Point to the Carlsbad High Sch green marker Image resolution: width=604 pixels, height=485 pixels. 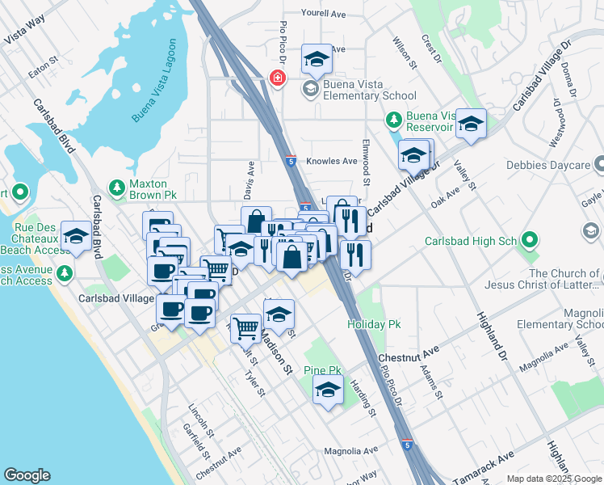[530, 239]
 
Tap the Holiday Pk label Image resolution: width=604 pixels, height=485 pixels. [374, 324]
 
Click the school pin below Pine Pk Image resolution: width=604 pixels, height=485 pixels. [327, 390]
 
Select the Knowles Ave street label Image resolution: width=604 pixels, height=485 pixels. [333, 162]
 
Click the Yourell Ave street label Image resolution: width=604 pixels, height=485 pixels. [323, 14]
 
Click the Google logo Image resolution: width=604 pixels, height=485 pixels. [27, 475]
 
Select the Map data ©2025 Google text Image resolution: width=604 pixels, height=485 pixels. [554, 479]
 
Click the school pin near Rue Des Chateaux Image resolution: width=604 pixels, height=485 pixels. [76, 236]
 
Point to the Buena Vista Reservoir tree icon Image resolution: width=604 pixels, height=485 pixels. [393, 120]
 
